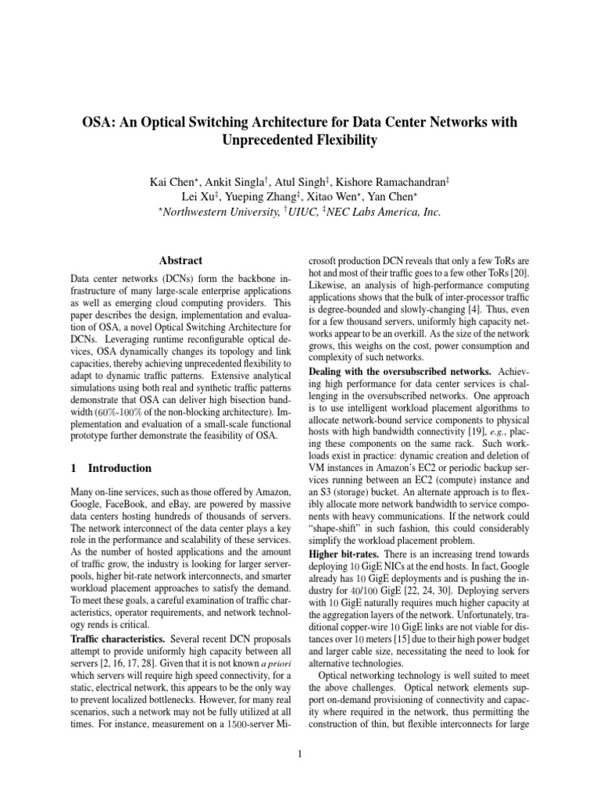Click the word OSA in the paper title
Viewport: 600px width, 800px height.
(x=99, y=123)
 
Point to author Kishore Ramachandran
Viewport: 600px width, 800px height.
(x=398, y=182)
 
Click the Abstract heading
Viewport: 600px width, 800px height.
(x=180, y=261)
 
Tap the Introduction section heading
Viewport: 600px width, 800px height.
(x=120, y=468)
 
